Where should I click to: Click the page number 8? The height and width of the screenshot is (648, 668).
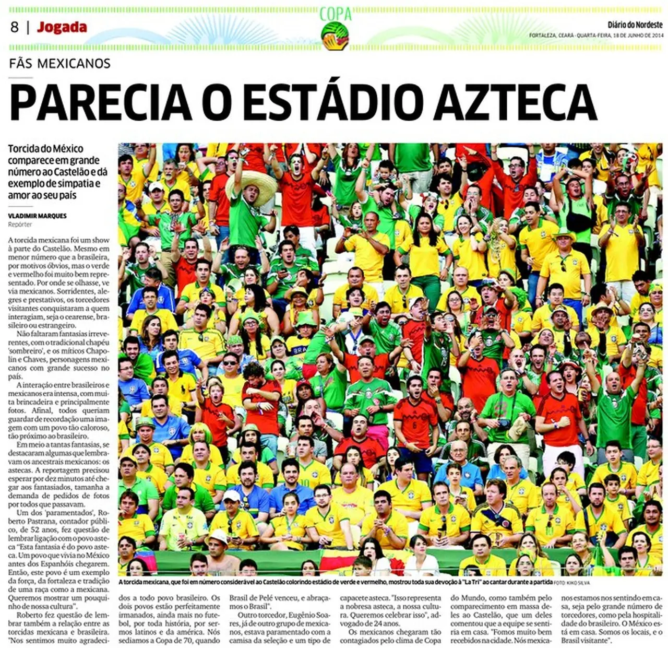pyautogui.click(x=15, y=27)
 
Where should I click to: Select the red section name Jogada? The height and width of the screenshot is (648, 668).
pyautogui.click(x=62, y=27)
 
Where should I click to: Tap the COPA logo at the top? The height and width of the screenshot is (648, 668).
pyautogui.click(x=335, y=29)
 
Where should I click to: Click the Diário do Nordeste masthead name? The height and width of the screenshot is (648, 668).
pyautogui.click(x=635, y=25)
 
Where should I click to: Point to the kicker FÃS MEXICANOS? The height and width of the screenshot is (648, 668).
pyautogui.click(x=59, y=64)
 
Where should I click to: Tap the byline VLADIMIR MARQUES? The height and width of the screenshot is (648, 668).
pyautogui.click(x=37, y=216)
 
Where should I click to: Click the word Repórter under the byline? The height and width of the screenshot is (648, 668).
pyautogui.click(x=20, y=225)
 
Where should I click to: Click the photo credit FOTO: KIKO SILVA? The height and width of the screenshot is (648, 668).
pyautogui.click(x=572, y=583)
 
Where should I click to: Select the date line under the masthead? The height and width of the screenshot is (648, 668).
pyautogui.click(x=595, y=36)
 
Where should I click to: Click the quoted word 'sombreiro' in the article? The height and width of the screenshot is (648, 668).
pyautogui.click(x=25, y=350)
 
